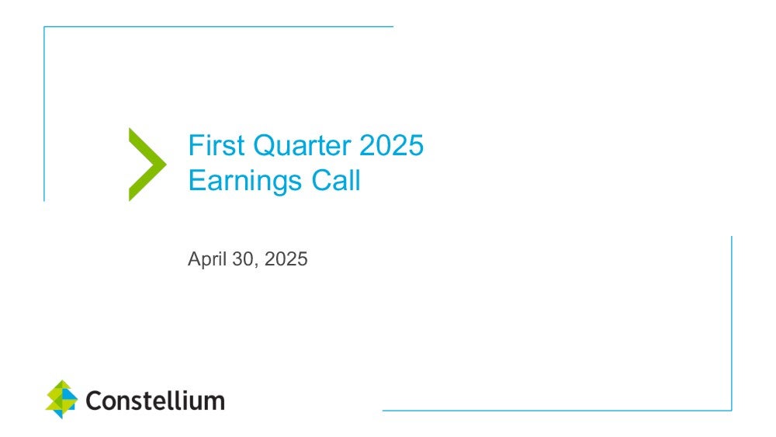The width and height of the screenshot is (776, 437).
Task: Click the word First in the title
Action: coord(217,145)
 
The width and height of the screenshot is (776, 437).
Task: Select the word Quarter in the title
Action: coord(302,146)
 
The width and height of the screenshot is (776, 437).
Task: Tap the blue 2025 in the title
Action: coord(391,145)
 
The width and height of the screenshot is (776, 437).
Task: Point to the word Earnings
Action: coord(245,181)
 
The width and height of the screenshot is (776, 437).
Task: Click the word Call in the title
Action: coord(336,180)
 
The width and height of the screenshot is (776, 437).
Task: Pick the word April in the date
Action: coord(207,259)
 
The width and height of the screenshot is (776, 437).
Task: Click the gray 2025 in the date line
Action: coord(286,258)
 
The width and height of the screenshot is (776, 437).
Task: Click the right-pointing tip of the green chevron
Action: coord(167,165)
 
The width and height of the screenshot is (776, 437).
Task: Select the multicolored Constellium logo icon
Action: coord(61,400)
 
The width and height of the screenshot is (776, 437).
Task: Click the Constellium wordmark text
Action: coord(155,401)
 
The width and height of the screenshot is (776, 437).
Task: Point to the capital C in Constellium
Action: coord(94,401)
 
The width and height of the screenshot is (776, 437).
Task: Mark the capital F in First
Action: coord(196,145)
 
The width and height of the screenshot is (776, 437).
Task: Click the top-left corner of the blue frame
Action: coord(44,26)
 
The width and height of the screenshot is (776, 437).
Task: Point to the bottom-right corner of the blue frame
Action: coord(732,411)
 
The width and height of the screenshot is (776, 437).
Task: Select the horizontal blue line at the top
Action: coord(219,26)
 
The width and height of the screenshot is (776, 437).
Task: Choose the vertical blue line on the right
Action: coord(732,323)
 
